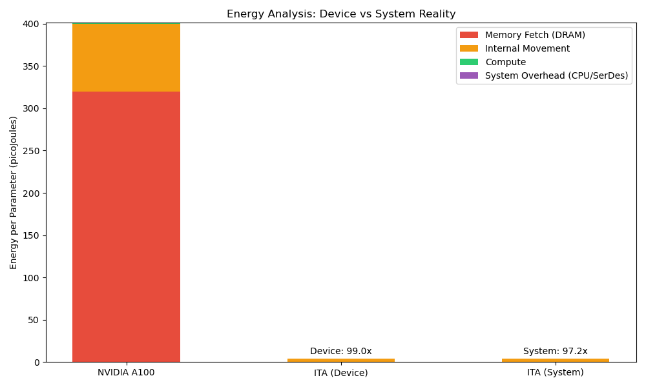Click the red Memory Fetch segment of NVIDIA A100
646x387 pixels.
(x=126, y=226)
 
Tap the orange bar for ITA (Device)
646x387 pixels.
(x=340, y=360)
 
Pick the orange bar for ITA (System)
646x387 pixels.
(x=555, y=360)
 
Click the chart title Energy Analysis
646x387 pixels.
(x=341, y=14)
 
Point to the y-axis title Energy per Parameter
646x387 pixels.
(x=14, y=192)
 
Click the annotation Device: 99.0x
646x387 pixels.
(x=340, y=351)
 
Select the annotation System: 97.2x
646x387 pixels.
(x=555, y=351)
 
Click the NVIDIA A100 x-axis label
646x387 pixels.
(x=126, y=372)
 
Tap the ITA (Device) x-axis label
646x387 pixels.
(x=340, y=372)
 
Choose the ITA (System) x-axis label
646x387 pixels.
(x=555, y=372)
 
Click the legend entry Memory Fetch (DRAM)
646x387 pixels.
(x=535, y=35)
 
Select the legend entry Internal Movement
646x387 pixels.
(x=527, y=48)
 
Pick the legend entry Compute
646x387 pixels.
(x=505, y=62)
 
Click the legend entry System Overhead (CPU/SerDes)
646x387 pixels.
(x=556, y=75)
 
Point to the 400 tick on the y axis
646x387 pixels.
(x=32, y=24)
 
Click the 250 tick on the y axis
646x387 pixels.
(x=32, y=151)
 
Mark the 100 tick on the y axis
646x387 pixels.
(x=32, y=278)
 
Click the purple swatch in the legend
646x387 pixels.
(x=469, y=75)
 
